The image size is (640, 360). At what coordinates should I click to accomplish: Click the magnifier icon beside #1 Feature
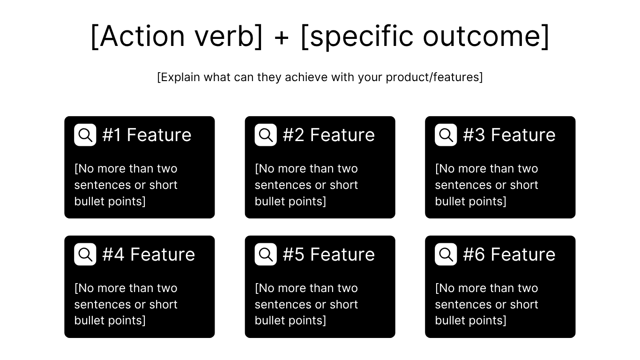click(85, 135)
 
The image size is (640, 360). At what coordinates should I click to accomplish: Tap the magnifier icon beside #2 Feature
click(266, 135)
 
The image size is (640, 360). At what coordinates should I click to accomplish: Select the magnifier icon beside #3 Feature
click(446, 135)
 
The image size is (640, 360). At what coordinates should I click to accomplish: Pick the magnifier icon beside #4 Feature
click(85, 255)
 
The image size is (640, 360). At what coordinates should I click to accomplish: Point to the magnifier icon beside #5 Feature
click(266, 255)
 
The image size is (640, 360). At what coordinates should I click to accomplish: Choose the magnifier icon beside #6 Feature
click(446, 255)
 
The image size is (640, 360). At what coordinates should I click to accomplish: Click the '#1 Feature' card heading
click(147, 135)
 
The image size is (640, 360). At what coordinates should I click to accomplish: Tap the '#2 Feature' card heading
click(328, 135)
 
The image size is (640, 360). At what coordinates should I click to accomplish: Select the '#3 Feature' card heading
click(509, 135)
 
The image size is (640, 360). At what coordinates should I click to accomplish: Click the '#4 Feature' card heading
click(149, 255)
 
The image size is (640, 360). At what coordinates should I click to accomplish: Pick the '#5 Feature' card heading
click(328, 255)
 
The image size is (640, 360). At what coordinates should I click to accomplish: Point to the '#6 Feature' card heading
click(509, 255)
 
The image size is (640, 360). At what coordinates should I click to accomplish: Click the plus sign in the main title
click(282, 37)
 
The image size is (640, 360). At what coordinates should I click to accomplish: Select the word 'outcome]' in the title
click(486, 36)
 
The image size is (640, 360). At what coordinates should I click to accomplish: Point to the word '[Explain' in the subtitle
click(179, 77)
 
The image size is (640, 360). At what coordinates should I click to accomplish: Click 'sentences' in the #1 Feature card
click(103, 185)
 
